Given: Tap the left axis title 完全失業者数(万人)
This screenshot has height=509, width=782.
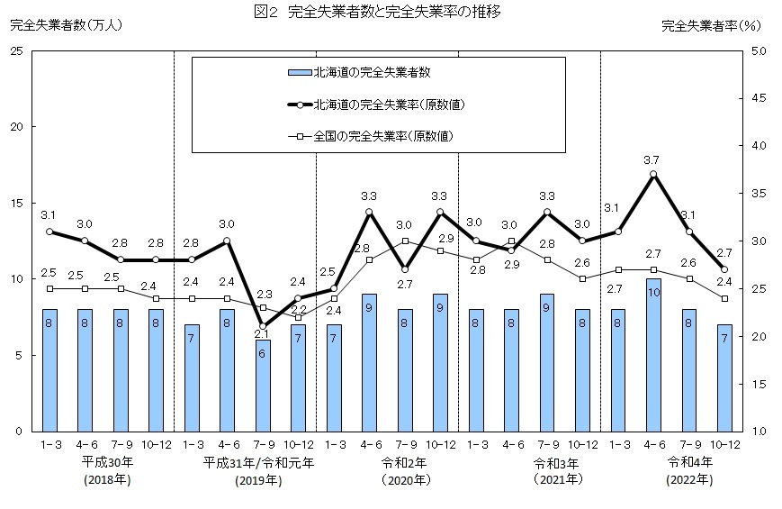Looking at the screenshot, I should [x=65, y=25].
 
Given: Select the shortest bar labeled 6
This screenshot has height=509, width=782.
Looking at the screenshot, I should [x=263, y=386].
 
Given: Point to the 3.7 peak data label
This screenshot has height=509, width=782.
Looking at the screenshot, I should [x=652, y=159].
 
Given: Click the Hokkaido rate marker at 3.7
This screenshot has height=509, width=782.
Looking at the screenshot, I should [x=653, y=174].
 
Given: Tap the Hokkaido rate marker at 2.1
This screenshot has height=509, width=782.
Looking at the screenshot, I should [x=263, y=326].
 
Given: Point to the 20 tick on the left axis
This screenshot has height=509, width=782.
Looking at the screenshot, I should [x=17, y=127].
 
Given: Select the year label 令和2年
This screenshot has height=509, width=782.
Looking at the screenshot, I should [x=405, y=463].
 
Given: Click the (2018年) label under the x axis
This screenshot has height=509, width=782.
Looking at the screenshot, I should [x=109, y=480].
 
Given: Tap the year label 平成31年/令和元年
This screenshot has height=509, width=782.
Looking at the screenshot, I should [x=258, y=463].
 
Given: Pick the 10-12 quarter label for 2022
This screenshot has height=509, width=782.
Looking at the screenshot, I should [x=724, y=444].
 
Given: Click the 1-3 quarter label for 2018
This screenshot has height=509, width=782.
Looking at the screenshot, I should [x=49, y=444].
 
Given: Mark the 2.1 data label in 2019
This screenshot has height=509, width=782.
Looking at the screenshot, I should [x=263, y=335].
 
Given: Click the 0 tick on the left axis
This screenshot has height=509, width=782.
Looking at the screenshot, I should [x=20, y=432].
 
